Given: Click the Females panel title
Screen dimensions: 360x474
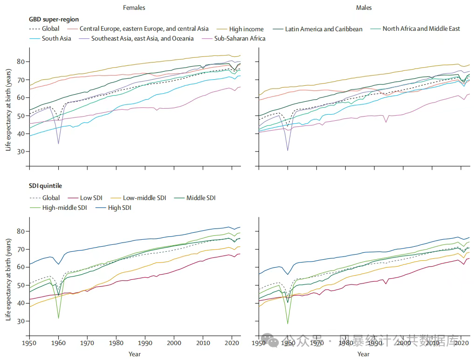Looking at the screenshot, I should coord(134,7).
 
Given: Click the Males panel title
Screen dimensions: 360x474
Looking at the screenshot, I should coord(364,7).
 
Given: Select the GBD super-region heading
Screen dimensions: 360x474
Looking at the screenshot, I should coord(54,20).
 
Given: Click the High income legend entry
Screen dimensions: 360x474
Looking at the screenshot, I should coord(246,29).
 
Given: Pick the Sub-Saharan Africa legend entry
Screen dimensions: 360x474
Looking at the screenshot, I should coord(240,38).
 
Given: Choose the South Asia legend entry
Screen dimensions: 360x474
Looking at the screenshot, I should coord(56,38).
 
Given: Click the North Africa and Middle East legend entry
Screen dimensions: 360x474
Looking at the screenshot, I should coord(421,29).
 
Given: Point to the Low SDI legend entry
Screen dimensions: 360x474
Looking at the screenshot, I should coord(91,198).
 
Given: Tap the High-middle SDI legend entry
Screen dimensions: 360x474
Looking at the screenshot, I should coord(65,208).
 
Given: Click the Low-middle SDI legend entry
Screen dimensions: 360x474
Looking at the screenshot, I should coord(144,198).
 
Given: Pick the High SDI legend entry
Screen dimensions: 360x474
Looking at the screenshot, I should coord(120,208).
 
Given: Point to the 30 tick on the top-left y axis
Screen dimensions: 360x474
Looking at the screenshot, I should coord(20,152).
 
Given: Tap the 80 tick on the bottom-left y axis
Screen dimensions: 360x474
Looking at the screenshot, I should coord(20,231).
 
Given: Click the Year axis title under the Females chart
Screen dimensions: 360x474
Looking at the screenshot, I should coord(134,354).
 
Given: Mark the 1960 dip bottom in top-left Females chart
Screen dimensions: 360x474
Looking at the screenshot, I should coord(58,144).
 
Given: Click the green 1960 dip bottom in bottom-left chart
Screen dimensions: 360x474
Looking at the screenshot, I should coord(58,318).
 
